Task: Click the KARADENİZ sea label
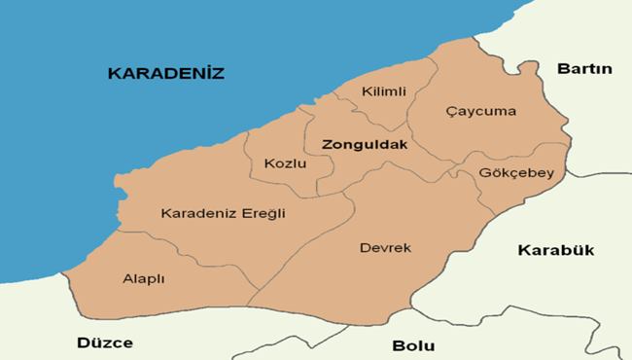(166, 73)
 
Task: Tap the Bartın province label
(583, 68)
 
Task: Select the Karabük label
(555, 249)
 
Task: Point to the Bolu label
(413, 345)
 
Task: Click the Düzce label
(105, 342)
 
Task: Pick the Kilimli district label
(383, 91)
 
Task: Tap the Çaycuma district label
(480, 111)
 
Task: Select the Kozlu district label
(285, 163)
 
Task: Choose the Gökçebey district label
(516, 173)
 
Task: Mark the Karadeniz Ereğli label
(223, 213)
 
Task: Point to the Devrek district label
(385, 248)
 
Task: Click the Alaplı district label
(143, 278)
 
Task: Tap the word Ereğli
(264, 213)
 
